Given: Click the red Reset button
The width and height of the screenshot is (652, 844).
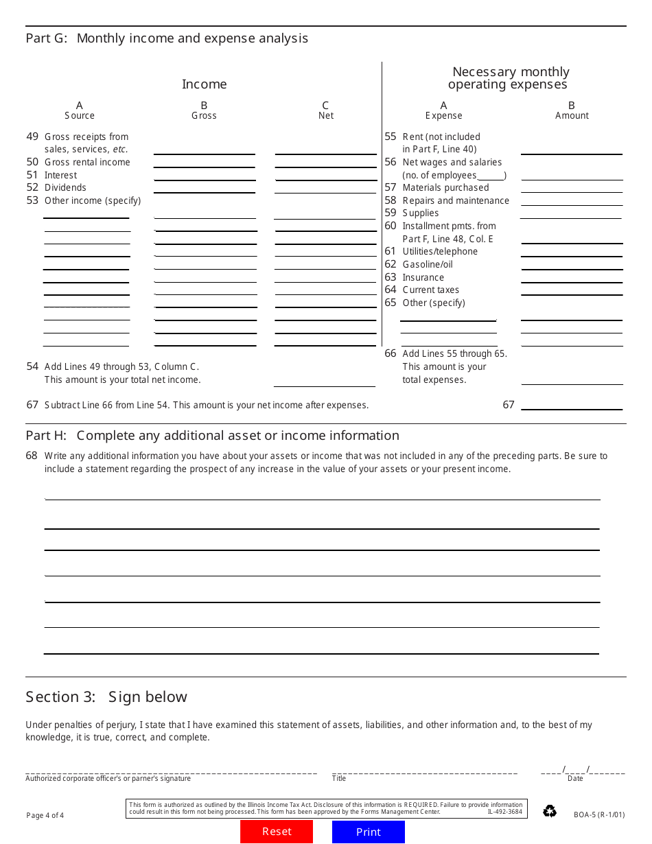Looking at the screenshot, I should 277,832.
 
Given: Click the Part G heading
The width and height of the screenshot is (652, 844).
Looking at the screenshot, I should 167,38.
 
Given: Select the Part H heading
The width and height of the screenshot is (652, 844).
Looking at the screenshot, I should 212,436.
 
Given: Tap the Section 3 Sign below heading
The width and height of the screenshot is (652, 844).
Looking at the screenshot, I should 106,697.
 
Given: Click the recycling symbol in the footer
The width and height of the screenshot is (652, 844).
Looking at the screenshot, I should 550,811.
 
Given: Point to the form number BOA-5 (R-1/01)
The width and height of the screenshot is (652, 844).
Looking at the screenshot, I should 599,815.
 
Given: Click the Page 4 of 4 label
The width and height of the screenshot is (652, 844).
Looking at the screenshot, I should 45,815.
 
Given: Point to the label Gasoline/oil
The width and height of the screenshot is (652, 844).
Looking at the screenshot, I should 428,264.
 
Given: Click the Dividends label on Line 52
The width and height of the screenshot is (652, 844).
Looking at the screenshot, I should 65,187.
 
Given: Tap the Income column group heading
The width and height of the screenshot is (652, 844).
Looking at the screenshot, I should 204,84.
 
